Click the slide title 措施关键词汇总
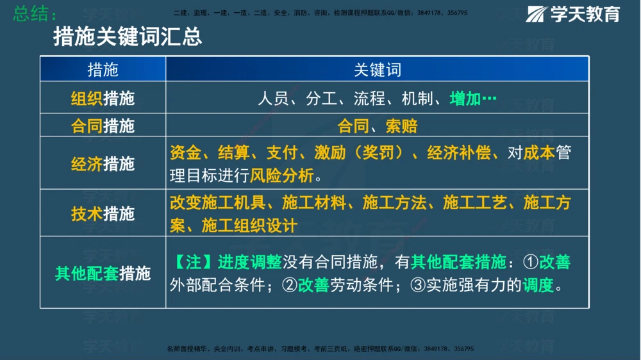(x=128, y=37)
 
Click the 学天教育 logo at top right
(x=574, y=13)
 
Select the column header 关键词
(x=377, y=69)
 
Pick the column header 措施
(x=103, y=69)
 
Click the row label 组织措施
(x=103, y=99)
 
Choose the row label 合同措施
(x=103, y=126)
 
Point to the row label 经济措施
(x=103, y=163)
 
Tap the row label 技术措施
(x=103, y=213)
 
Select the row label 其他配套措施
(x=103, y=274)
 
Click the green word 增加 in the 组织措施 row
(x=465, y=99)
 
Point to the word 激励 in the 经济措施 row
(x=330, y=153)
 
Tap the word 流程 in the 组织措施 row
(x=369, y=99)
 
